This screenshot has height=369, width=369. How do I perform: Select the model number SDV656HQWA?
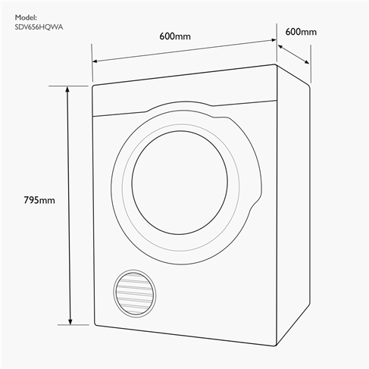click(x=39, y=28)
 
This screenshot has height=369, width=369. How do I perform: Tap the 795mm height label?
click(x=39, y=200)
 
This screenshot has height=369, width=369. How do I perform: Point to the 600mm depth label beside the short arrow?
click(x=301, y=32)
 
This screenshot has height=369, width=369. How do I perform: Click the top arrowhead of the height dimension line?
click(x=70, y=89)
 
